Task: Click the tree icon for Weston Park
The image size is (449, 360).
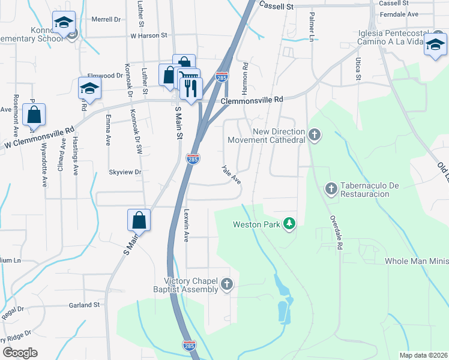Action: click(290, 224)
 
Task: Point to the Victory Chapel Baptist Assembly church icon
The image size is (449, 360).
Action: click(226, 284)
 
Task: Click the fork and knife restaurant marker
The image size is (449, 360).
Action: click(191, 89)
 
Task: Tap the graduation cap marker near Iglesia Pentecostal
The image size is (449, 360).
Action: click(435, 44)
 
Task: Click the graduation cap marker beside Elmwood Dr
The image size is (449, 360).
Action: click(89, 89)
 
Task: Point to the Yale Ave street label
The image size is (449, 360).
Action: click(231, 175)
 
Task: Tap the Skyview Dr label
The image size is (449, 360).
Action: click(124, 172)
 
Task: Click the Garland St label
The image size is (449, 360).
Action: click(84, 305)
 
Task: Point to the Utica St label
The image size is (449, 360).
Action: click(358, 69)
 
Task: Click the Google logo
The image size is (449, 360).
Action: click(20, 352)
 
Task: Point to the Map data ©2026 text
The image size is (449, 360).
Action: click(423, 355)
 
